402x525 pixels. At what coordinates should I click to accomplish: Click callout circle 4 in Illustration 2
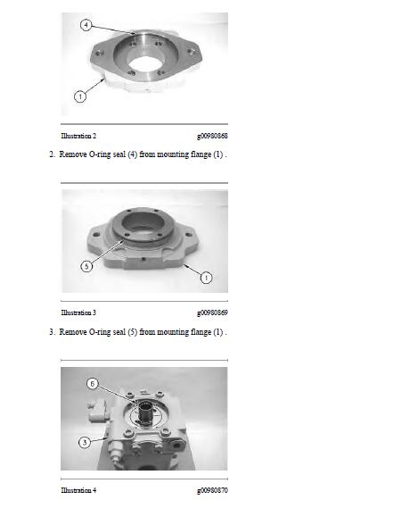pyautogui.click(x=86, y=25)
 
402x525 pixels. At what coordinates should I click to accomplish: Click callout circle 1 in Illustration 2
pyautogui.click(x=80, y=96)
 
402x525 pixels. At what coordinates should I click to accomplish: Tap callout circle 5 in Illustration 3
pyautogui.click(x=86, y=266)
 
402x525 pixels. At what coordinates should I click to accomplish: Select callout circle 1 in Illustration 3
pyautogui.click(x=206, y=278)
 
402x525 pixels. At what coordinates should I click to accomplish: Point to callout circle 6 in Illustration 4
pyautogui.click(x=93, y=384)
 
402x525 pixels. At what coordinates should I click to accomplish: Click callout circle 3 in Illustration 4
pyautogui.click(x=85, y=443)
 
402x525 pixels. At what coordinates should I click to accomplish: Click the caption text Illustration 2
pyautogui.click(x=78, y=136)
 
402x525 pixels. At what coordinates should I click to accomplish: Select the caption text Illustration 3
pyautogui.click(x=78, y=312)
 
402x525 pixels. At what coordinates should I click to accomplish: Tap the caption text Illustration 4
pyautogui.click(x=78, y=490)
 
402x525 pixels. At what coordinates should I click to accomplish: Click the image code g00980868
pyautogui.click(x=212, y=137)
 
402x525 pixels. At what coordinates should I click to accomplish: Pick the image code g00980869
pyautogui.click(x=212, y=313)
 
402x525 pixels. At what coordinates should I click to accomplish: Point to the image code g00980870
pyautogui.click(x=212, y=490)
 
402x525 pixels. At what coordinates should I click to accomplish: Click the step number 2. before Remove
pyautogui.click(x=52, y=154)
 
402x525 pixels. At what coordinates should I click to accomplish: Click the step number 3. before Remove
pyautogui.click(x=52, y=332)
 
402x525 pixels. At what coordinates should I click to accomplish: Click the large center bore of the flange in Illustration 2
pyautogui.click(x=146, y=66)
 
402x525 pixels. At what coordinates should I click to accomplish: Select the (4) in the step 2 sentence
pyautogui.click(x=133, y=154)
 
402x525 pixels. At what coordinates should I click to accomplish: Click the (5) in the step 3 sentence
pyautogui.click(x=133, y=332)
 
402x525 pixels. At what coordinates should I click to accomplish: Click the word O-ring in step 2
pyautogui.click(x=100, y=154)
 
